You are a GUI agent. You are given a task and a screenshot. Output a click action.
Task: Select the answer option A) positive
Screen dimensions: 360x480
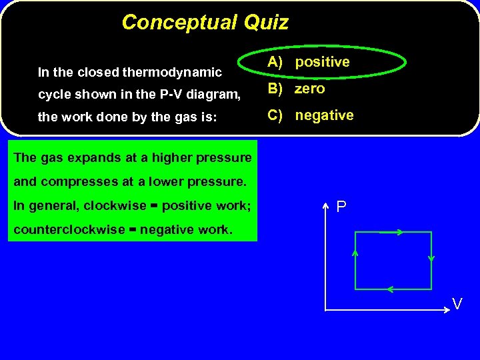pyautogui.click(x=309, y=62)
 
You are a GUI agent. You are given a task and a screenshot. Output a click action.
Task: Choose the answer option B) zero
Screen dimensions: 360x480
pyautogui.click(x=297, y=89)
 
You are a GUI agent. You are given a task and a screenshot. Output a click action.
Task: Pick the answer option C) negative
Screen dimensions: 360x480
pyautogui.click(x=311, y=115)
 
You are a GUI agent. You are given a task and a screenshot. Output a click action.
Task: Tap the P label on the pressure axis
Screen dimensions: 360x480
pyautogui.click(x=341, y=207)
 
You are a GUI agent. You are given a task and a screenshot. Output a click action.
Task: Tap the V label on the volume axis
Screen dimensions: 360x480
pyautogui.click(x=457, y=303)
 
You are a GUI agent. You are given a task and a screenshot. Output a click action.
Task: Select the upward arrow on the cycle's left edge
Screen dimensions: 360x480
pyautogui.click(x=355, y=253)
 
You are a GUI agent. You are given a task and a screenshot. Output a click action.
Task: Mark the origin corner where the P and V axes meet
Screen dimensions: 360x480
pyautogui.click(x=325, y=310)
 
